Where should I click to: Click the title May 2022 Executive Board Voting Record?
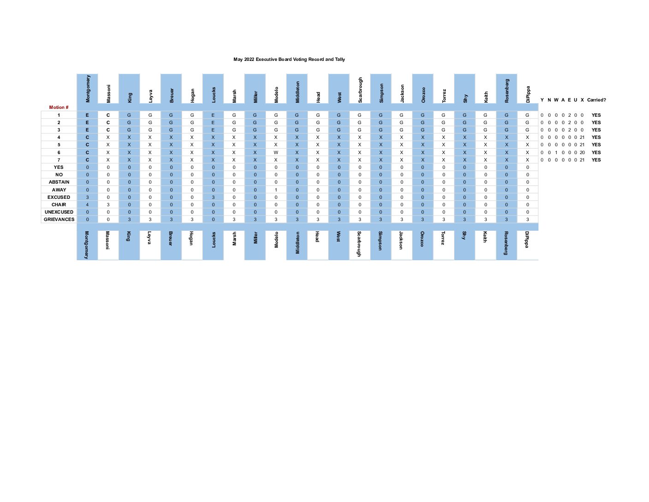pos(289,60)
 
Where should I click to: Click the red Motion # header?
pos(59,108)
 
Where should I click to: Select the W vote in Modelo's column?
pos(276,152)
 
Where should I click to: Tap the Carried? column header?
pos(596,100)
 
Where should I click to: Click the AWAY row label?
pos(59,190)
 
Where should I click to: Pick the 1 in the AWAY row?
pos(276,190)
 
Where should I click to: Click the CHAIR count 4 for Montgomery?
pos(88,204)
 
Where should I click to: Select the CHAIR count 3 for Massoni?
pos(108,204)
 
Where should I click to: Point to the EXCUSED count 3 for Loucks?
pos(213,197)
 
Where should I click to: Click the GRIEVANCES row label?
pos(59,220)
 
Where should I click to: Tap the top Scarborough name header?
pos(360,90)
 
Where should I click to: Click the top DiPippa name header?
pos(528,94)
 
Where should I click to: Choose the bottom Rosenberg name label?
pos(506,243)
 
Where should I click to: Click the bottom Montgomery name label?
pos(87,245)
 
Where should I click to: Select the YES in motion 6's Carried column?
pos(596,152)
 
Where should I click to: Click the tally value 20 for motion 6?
pos(582,152)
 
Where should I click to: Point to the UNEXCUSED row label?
pos(59,212)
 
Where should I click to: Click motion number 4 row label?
pos(59,137)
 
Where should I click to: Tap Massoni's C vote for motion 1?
pos(108,115)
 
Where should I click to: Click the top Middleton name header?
pos(297,92)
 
